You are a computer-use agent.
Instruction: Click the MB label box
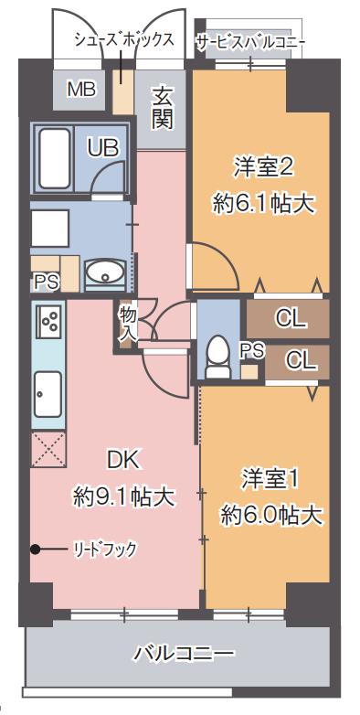(82, 91)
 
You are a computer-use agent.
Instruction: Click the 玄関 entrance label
(163, 108)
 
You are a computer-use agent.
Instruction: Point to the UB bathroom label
(102, 147)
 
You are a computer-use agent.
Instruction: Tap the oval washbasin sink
(107, 272)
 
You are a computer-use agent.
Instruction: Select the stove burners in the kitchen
(50, 320)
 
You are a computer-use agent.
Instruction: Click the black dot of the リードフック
(36, 549)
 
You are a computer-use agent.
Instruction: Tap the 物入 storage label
(127, 324)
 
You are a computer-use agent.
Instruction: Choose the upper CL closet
(290, 319)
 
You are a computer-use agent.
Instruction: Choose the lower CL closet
(298, 360)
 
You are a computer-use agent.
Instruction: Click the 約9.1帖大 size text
(123, 496)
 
